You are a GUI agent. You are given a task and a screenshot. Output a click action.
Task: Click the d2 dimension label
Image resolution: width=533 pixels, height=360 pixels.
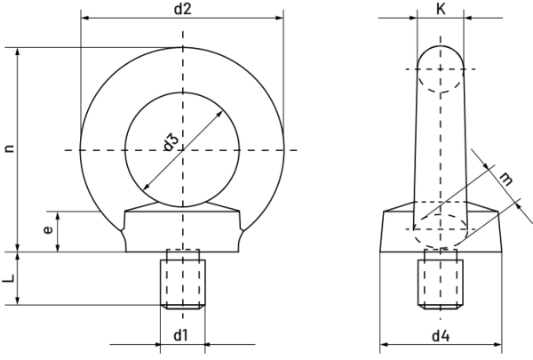(x=183, y=9)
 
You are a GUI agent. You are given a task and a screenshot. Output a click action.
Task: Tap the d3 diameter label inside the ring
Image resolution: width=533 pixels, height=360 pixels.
(x=171, y=142)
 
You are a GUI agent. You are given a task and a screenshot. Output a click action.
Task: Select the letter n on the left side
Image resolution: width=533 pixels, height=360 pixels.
(x=10, y=148)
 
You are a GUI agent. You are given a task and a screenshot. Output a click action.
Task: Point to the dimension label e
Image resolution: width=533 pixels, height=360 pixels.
(x=48, y=230)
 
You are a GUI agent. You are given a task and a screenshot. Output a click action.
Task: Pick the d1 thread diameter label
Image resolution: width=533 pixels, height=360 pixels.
(x=180, y=335)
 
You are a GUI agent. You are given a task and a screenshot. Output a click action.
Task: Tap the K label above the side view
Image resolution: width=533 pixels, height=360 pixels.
(x=441, y=9)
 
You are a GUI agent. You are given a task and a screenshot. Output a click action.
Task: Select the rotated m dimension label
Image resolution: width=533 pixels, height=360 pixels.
(x=505, y=179)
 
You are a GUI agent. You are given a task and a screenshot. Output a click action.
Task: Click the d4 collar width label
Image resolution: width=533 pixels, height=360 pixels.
(x=441, y=336)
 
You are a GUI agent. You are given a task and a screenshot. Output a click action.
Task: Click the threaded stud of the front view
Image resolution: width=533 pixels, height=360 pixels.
(x=183, y=284)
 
